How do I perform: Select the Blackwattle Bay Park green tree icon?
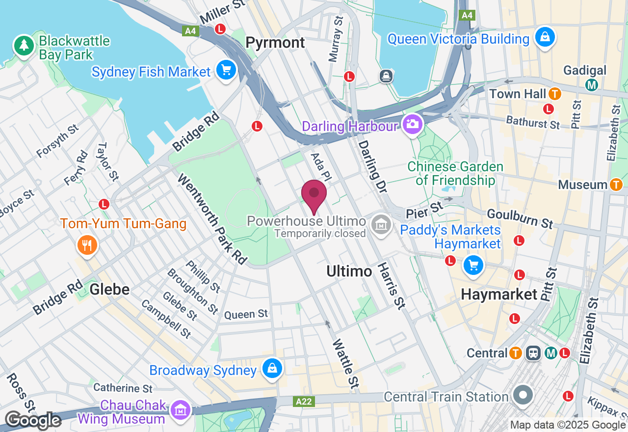[24, 46]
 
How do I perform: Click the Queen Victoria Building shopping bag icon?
[545, 37]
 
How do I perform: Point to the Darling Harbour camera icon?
[413, 124]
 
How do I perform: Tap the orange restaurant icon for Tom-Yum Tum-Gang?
[87, 244]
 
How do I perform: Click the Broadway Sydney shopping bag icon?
[272, 368]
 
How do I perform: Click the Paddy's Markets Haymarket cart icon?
[473, 266]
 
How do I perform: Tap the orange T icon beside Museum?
[616, 185]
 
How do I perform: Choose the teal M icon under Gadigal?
[592, 85]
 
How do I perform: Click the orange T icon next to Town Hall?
[555, 93]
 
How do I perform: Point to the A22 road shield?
[304, 402]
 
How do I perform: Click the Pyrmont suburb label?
[275, 43]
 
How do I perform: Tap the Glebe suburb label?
[109, 289]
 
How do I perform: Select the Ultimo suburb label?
[349, 271]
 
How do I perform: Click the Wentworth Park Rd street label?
[211, 219]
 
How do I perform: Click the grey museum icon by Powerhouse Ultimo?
[381, 225]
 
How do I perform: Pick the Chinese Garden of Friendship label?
[456, 173]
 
